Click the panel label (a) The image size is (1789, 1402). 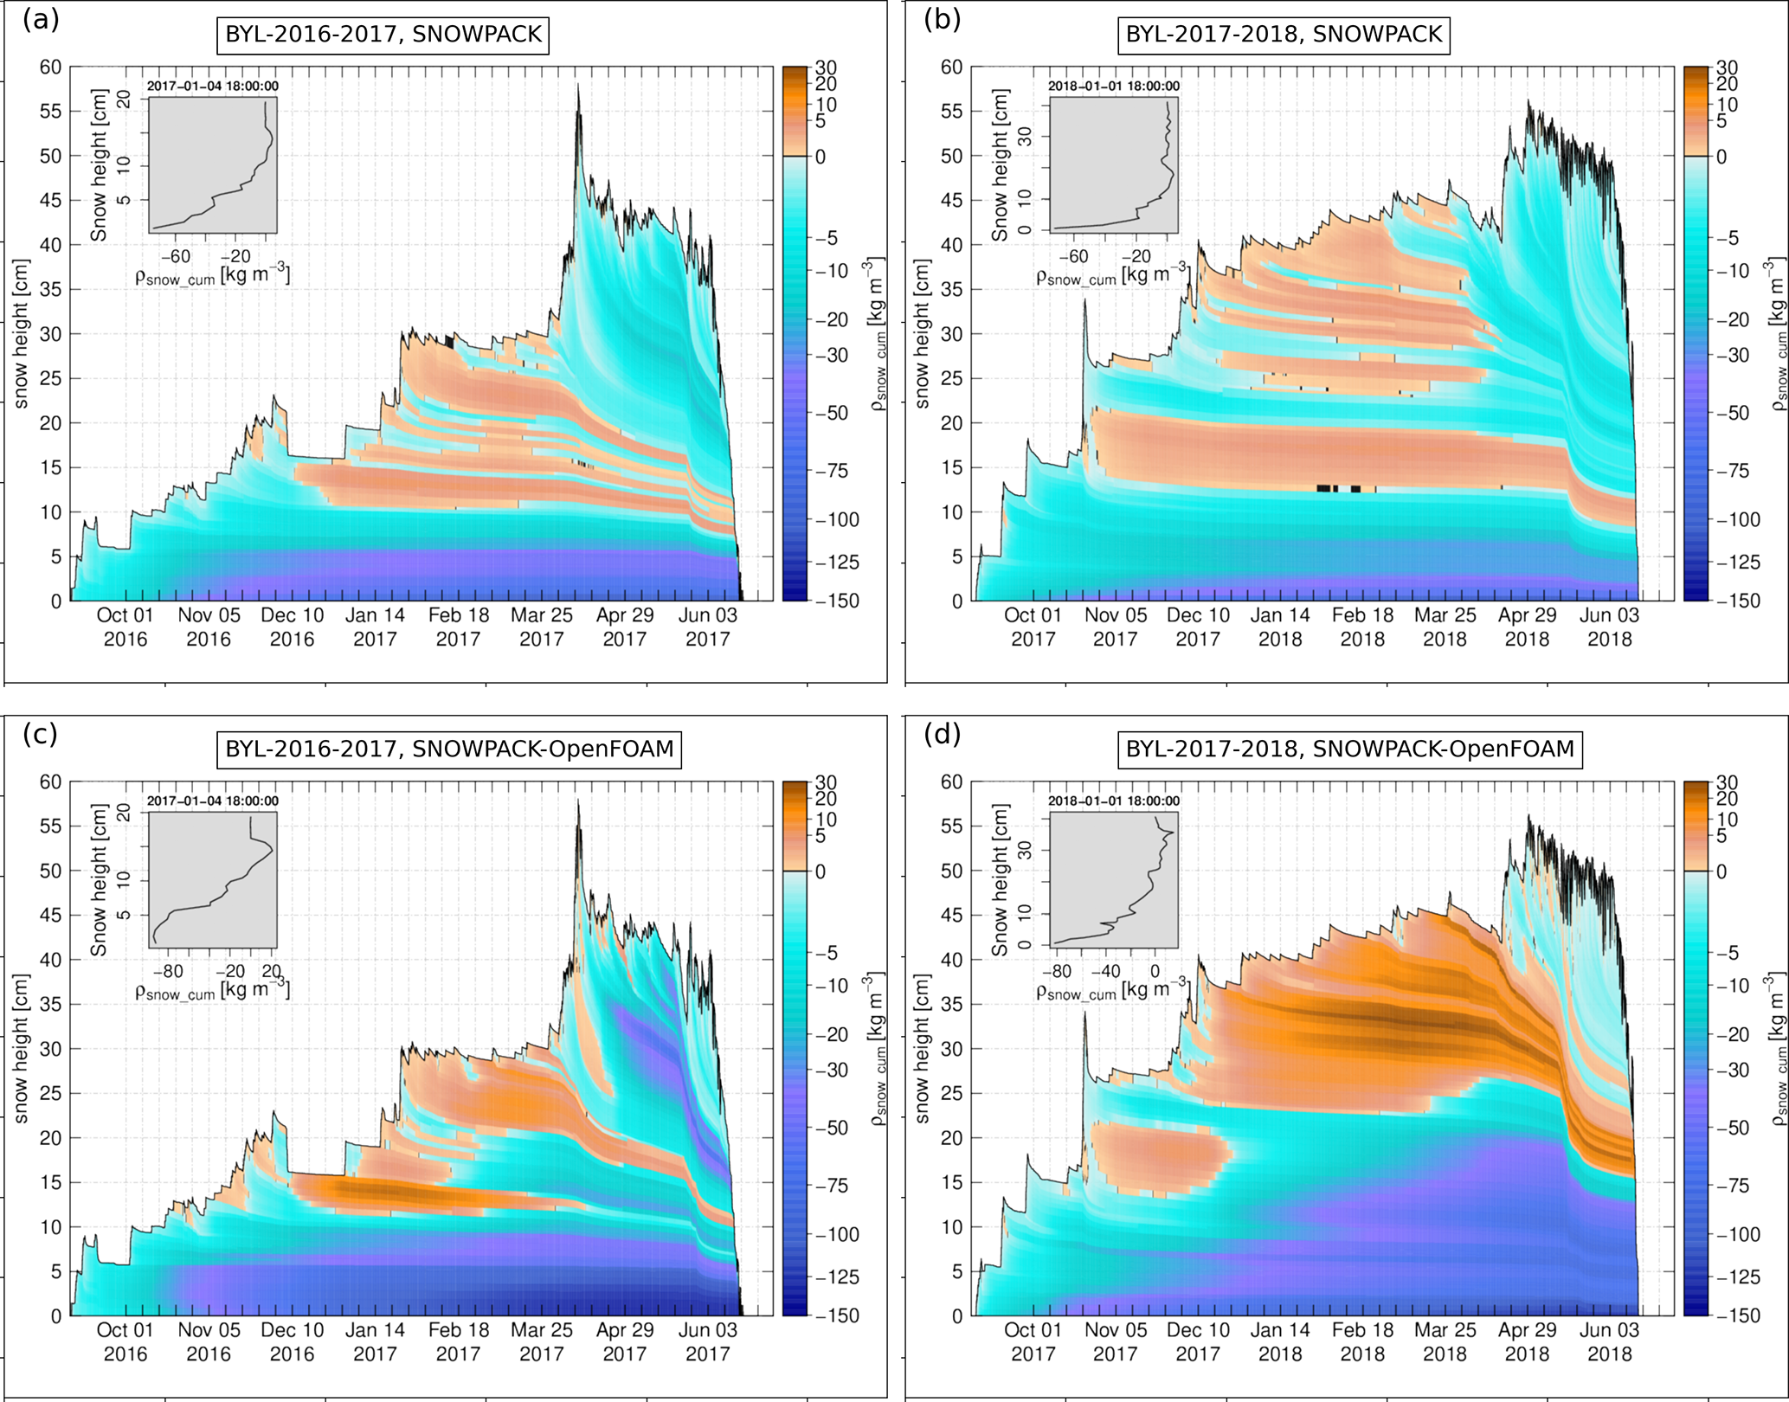(x=41, y=19)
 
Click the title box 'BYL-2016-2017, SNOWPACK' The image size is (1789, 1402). (x=383, y=35)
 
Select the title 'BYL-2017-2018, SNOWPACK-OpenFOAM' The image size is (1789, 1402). (x=1349, y=749)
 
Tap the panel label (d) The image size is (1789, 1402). (x=943, y=734)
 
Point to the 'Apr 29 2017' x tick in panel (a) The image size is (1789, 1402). (x=625, y=627)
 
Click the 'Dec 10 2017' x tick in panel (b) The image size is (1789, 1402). (x=1198, y=627)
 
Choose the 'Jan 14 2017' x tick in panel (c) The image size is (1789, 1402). (x=375, y=1341)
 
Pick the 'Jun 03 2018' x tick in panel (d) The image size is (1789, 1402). (x=1609, y=1341)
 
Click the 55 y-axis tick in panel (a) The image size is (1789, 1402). (x=50, y=112)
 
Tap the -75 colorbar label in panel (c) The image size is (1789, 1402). (x=833, y=1186)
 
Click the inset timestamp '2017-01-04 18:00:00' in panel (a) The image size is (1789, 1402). (x=213, y=86)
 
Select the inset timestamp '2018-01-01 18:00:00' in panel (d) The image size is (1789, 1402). (x=1114, y=801)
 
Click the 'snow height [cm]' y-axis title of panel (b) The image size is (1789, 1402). (x=923, y=333)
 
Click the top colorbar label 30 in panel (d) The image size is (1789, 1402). (x=1727, y=783)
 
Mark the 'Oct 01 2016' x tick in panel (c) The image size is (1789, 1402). (x=125, y=1341)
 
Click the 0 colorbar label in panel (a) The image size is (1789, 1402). (x=820, y=157)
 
